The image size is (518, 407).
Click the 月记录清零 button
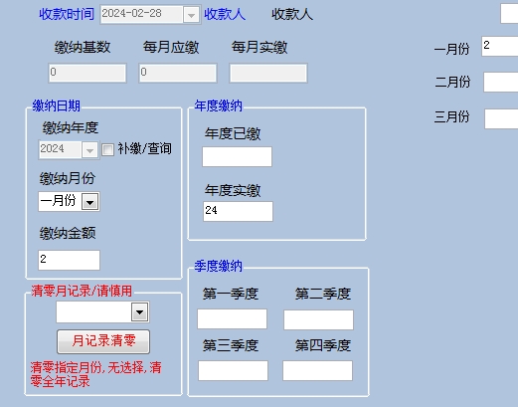pyautogui.click(x=103, y=341)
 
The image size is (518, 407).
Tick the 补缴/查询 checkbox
pyautogui.click(x=107, y=149)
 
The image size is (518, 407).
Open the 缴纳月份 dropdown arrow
pyautogui.click(x=90, y=201)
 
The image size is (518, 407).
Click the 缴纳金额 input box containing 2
pyautogui.click(x=69, y=260)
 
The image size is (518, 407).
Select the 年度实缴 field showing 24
pyautogui.click(x=238, y=211)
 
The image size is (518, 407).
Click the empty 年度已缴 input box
pyautogui.click(x=238, y=156)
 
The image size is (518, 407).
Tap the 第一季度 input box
pyautogui.click(x=232, y=318)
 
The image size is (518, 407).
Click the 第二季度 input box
pyautogui.click(x=318, y=319)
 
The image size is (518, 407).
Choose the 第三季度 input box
pyautogui.click(x=233, y=370)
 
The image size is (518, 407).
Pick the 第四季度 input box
pyautogui.click(x=317, y=370)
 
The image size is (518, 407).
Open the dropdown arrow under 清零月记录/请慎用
pyautogui.click(x=139, y=311)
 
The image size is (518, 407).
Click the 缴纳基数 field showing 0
pyautogui.click(x=87, y=73)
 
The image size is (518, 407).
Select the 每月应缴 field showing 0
pyautogui.click(x=178, y=73)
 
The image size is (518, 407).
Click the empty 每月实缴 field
pyautogui.click(x=268, y=73)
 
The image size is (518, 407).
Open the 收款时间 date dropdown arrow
pyautogui.click(x=191, y=15)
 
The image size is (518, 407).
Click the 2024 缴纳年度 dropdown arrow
pyautogui.click(x=89, y=150)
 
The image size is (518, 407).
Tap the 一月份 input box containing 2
pyautogui.click(x=500, y=46)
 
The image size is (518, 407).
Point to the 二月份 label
pyautogui.click(x=452, y=82)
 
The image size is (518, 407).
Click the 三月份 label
pyautogui.click(x=451, y=117)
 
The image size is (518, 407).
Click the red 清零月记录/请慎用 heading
pyautogui.click(x=82, y=291)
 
